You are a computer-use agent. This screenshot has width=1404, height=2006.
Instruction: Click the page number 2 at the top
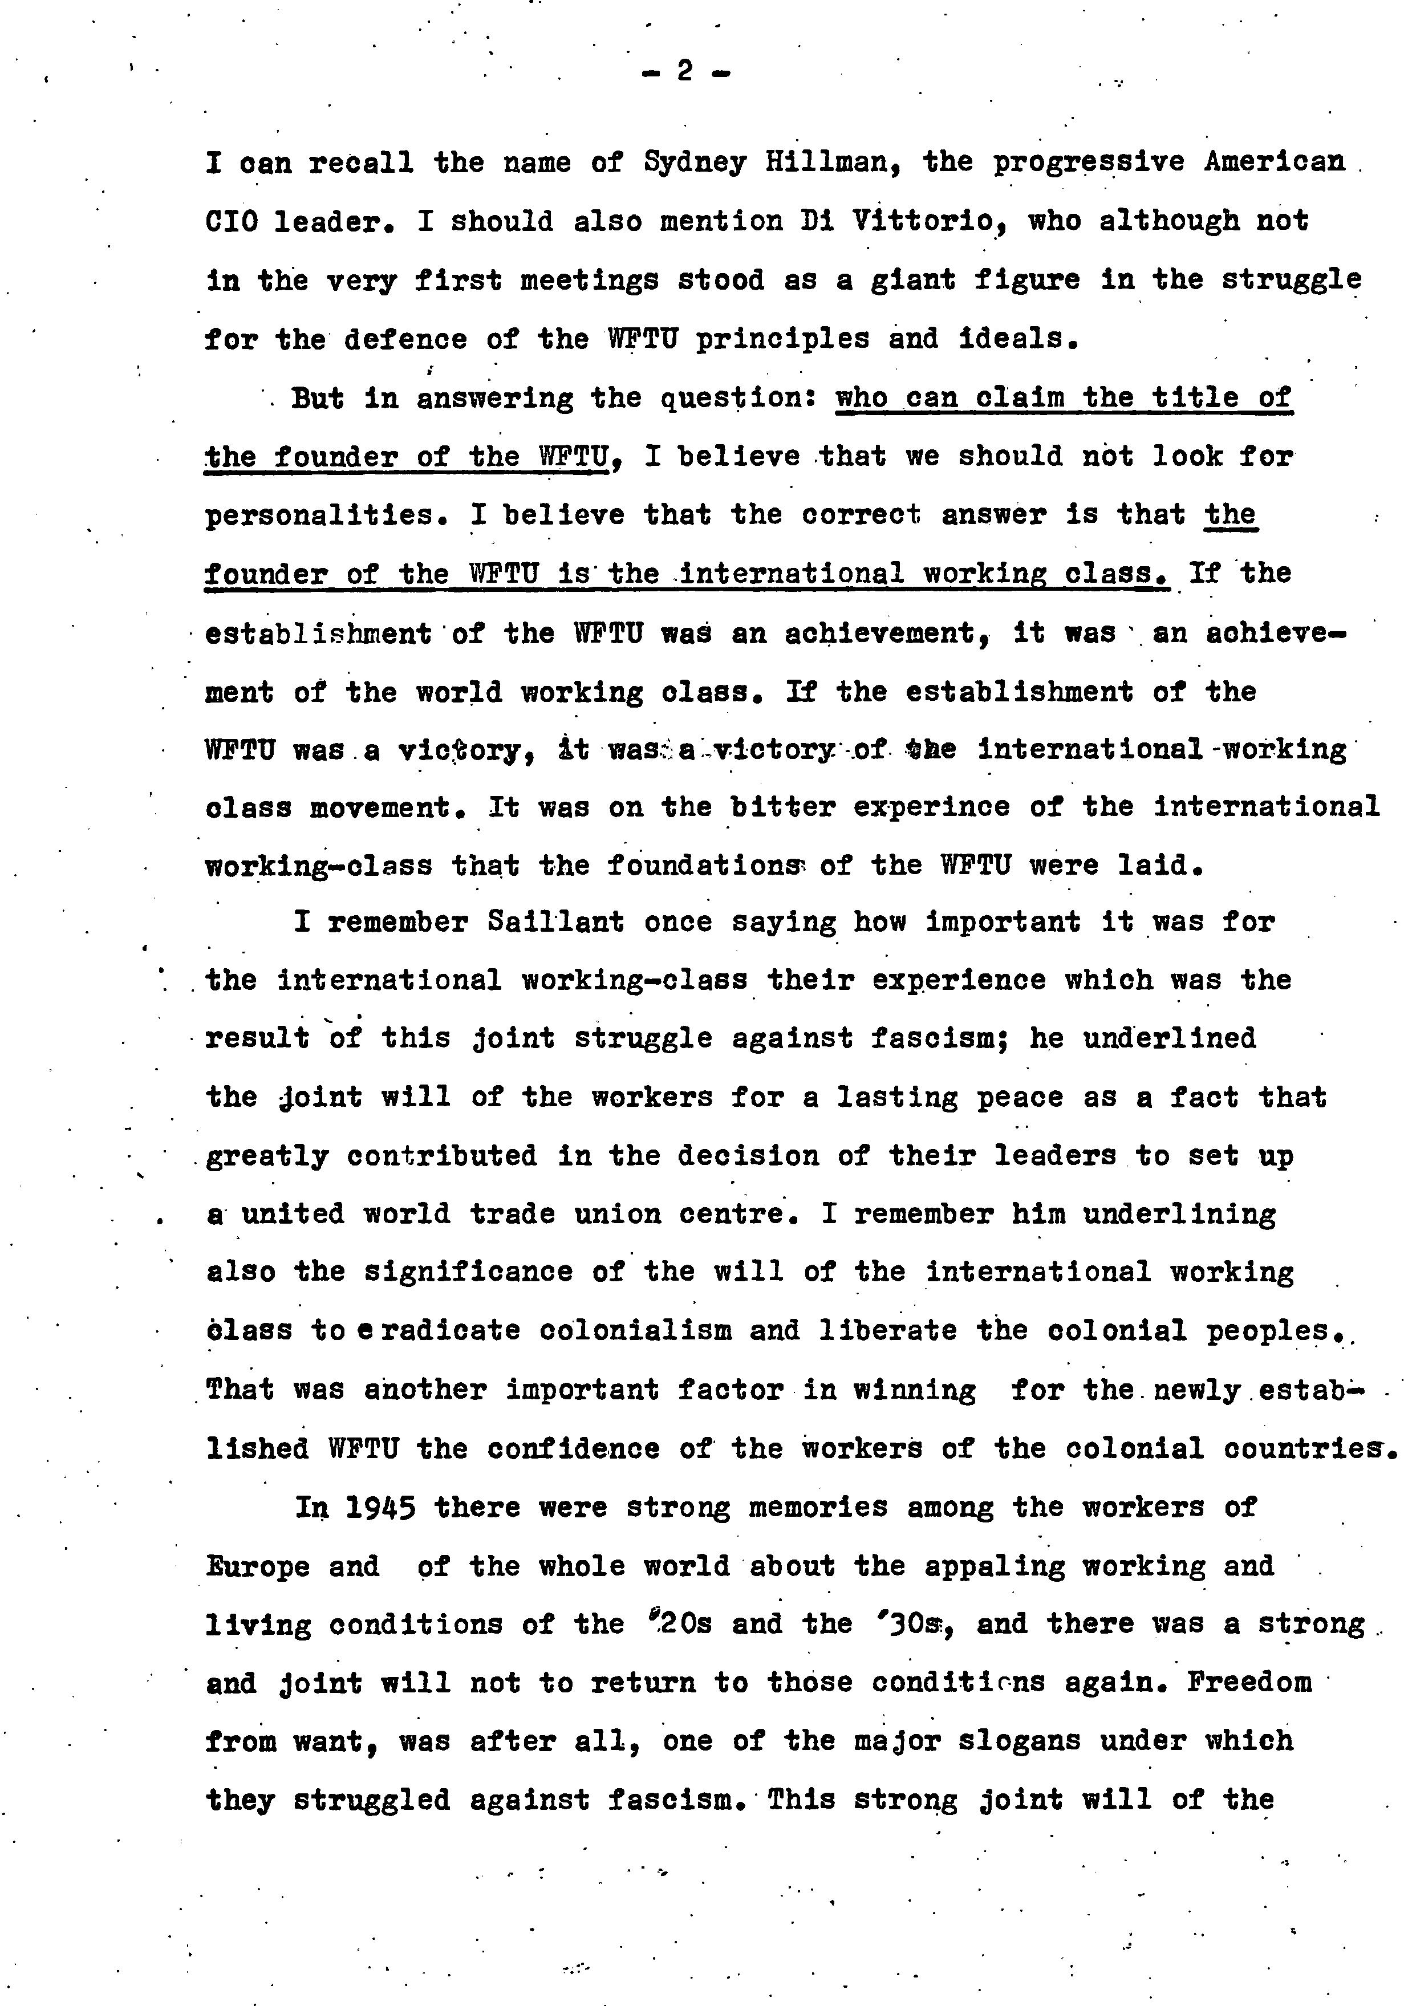[685, 71]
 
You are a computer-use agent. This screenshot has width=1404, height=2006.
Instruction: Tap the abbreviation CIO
[232, 222]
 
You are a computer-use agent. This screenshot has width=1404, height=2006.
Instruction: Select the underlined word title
[1194, 397]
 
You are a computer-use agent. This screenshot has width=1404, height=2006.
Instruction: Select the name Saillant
[555, 923]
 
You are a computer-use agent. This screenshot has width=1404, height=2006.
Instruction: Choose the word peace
[1020, 1097]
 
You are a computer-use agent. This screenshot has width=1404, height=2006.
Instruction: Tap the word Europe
[257, 1566]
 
